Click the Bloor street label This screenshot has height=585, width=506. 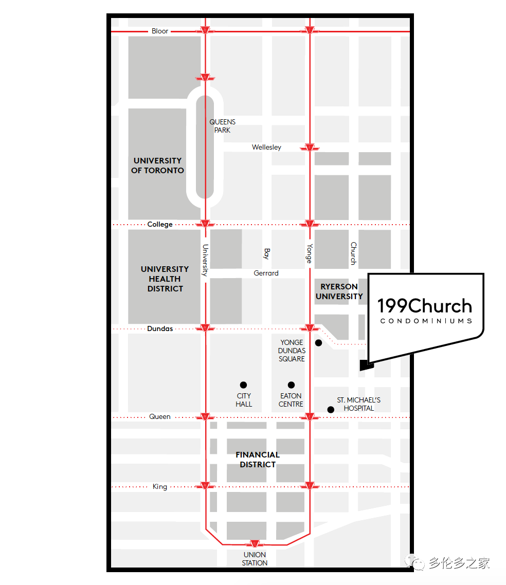[160, 31]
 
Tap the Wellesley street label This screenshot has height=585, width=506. [266, 148]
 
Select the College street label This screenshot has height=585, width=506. [160, 225]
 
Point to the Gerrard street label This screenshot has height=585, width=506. [266, 273]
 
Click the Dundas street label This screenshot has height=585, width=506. [160, 328]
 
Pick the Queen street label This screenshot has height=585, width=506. [160, 417]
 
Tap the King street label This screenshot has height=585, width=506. [160, 487]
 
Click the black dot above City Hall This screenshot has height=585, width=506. [243, 385]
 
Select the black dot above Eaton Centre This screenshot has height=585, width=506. [291, 385]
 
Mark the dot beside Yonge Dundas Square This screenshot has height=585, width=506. [319, 343]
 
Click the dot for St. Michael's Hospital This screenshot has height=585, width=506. [331, 410]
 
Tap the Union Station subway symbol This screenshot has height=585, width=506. [255, 544]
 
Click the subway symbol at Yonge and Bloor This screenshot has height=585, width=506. [309, 31]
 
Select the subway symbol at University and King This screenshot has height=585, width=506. [205, 486]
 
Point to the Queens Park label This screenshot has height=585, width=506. [223, 126]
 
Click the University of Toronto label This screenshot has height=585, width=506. [157, 166]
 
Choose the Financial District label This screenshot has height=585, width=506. [258, 460]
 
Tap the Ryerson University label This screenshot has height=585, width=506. [339, 291]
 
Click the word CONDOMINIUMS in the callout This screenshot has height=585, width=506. [426, 321]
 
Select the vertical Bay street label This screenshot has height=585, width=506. [266, 253]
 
